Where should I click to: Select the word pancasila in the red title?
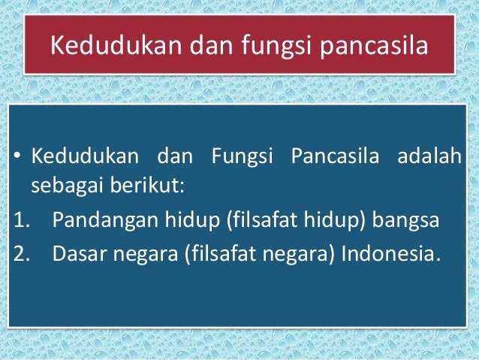[x=374, y=47]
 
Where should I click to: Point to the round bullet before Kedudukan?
[x=17, y=156]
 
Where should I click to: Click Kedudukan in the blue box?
[x=85, y=156]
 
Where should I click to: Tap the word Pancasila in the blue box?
[x=335, y=156]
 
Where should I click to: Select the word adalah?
[x=429, y=156]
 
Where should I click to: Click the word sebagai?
[x=67, y=186]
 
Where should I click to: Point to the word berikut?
[x=146, y=185]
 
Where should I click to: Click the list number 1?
[x=21, y=219]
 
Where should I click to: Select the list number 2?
[x=21, y=253]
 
